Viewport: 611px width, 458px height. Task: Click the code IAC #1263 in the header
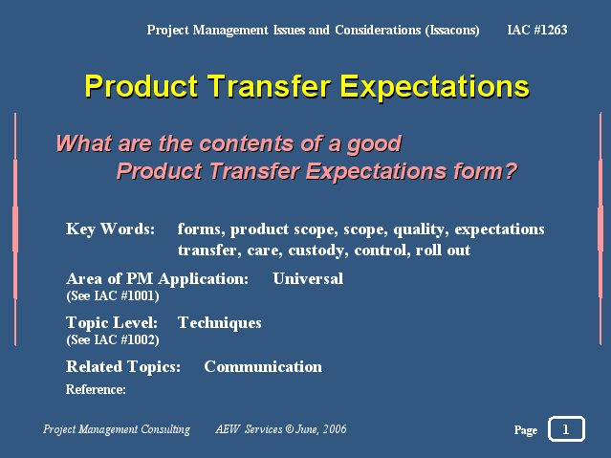point(537,30)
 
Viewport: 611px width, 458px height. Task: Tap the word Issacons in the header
point(452,31)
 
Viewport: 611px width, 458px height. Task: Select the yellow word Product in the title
point(142,86)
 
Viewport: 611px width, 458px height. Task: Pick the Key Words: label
point(110,229)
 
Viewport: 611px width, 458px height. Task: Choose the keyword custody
point(318,251)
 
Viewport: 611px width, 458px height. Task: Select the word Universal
point(308,278)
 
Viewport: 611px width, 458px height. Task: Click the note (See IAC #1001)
point(113,295)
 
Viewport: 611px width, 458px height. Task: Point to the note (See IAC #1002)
point(113,339)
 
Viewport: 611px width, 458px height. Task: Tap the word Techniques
point(219,323)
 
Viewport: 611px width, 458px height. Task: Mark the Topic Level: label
point(112,323)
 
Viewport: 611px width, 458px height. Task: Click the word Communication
point(263,366)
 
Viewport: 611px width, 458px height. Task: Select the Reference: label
point(96,389)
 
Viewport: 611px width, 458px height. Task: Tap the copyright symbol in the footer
point(289,429)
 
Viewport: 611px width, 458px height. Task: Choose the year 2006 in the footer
point(335,429)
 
